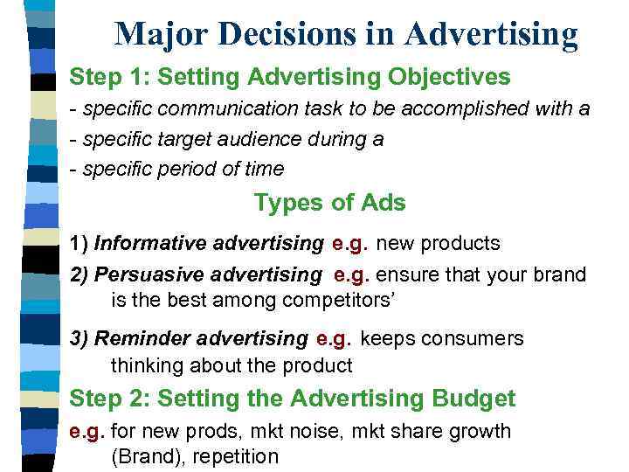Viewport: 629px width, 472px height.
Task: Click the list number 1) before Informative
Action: click(x=79, y=243)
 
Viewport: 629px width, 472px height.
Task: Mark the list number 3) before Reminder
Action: click(x=79, y=338)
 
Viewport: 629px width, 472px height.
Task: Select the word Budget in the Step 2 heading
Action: click(x=473, y=399)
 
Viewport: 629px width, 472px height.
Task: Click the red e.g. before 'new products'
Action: click(x=348, y=243)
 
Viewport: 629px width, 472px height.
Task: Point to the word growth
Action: click(x=479, y=432)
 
